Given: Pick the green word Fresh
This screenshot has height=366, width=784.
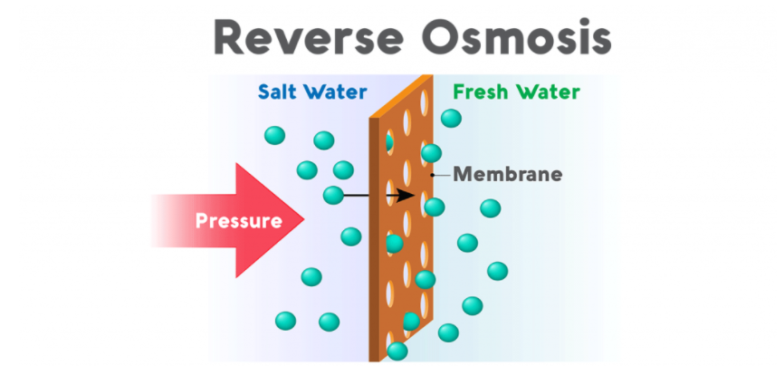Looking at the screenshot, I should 481,92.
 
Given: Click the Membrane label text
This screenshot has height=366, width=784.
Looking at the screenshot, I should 507,174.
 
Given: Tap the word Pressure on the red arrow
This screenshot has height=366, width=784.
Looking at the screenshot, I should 238,220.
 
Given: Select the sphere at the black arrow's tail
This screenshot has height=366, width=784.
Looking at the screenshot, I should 333,195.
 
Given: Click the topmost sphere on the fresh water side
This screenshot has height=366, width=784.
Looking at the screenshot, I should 450,118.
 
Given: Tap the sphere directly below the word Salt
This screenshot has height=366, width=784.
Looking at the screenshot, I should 274,136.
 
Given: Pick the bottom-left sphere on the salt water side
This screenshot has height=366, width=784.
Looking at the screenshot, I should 285,320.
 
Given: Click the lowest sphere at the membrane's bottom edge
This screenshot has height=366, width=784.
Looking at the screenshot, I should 397,351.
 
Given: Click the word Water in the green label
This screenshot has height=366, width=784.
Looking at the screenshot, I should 548,92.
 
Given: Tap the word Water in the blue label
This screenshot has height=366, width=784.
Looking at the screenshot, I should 336,92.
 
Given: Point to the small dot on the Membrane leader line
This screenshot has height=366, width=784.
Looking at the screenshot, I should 434,174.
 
